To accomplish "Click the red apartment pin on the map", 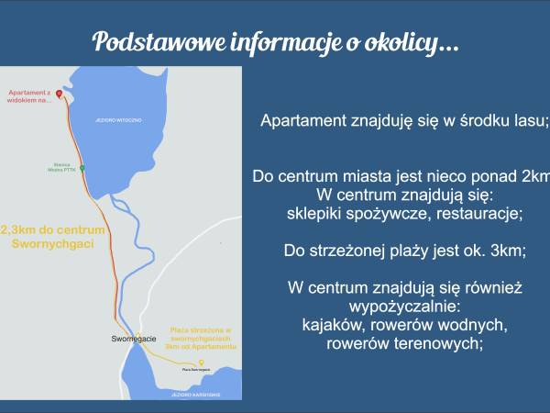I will point(59,95).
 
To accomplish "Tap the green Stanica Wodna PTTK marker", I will point(82,169).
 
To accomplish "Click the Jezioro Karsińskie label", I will point(191,391).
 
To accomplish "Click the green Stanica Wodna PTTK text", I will point(60,168).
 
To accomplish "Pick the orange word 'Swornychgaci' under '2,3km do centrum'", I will point(54,245).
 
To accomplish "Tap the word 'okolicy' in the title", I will point(417,42).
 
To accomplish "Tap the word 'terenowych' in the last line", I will point(441,344).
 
